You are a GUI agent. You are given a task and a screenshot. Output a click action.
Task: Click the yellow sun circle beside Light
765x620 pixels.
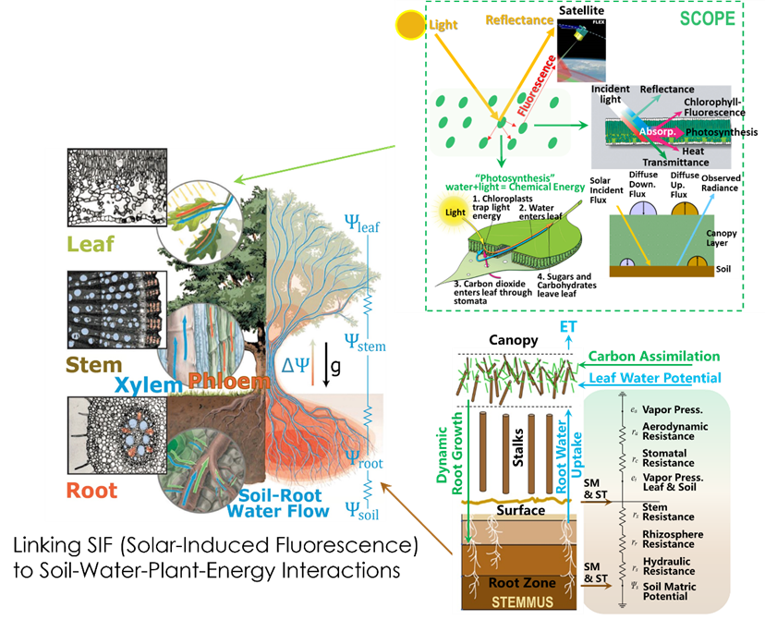[409, 27]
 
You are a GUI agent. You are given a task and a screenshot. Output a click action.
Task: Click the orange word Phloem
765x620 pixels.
[221, 381]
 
